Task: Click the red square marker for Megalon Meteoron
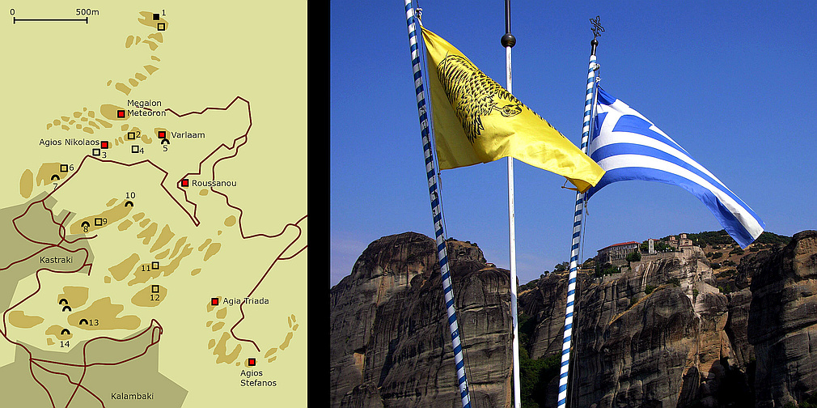click(121, 113)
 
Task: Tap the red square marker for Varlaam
click(162, 135)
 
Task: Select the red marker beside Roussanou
click(184, 183)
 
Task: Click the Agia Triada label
click(246, 301)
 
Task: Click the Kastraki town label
click(56, 261)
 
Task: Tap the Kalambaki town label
click(132, 396)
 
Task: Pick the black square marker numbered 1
click(156, 16)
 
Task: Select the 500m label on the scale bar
click(87, 12)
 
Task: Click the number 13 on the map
click(94, 323)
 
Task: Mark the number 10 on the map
click(129, 195)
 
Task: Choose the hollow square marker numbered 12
click(155, 289)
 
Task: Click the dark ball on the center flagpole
click(508, 40)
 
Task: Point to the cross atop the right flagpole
click(597, 27)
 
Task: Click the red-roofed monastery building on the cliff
click(619, 250)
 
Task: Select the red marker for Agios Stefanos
click(252, 362)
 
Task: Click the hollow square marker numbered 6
click(64, 168)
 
